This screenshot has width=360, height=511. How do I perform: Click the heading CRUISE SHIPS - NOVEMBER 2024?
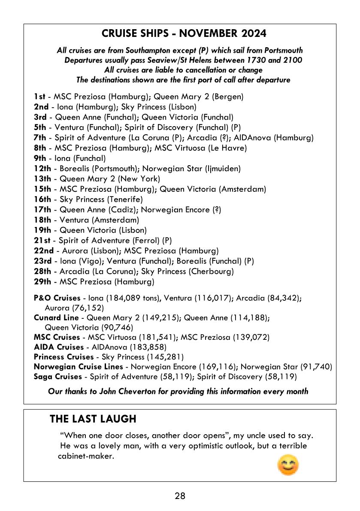tap(184, 33)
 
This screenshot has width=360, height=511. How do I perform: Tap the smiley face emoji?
tap(288, 466)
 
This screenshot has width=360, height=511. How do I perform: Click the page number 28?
tap(180, 496)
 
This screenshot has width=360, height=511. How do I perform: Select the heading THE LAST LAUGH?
tap(93, 419)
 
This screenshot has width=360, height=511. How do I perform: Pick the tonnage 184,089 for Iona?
tap(125, 298)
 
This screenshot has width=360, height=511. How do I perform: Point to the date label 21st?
tap(42, 241)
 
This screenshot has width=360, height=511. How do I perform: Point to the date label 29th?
tap(42, 282)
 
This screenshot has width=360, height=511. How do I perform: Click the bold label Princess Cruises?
tap(64, 357)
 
